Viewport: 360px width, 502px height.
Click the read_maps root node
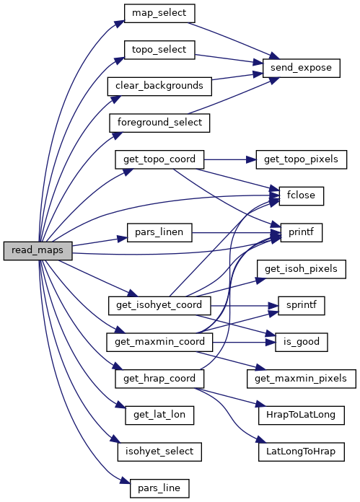38,251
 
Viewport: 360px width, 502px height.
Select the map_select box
159,13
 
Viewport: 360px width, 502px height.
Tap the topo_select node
159,50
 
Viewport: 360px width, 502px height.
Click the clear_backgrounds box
159,86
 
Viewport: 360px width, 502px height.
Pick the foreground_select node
159,123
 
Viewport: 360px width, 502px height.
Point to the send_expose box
301,68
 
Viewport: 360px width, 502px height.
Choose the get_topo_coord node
159,159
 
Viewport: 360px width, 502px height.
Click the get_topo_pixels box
301,159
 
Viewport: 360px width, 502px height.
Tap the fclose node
301,196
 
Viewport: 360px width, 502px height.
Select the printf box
301,232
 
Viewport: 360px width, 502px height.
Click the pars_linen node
159,232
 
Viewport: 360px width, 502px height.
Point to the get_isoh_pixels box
301,269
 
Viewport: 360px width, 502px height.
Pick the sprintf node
301,305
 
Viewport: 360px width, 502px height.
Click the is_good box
301,342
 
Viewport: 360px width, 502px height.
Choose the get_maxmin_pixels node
301,379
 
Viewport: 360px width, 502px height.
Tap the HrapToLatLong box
301,415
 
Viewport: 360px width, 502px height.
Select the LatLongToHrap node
301,452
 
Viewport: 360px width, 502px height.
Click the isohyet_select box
159,452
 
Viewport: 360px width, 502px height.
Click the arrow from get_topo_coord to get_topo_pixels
230,159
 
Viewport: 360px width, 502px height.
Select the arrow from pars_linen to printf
237,232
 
